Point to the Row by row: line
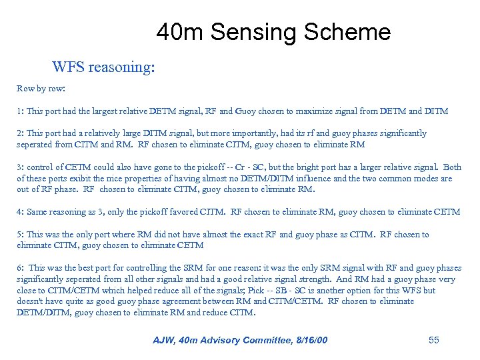41,88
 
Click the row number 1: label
20,111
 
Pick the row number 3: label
20,167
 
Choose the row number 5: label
20,235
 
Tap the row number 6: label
20,268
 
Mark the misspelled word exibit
83,178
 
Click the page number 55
434,340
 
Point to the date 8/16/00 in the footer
307,341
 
